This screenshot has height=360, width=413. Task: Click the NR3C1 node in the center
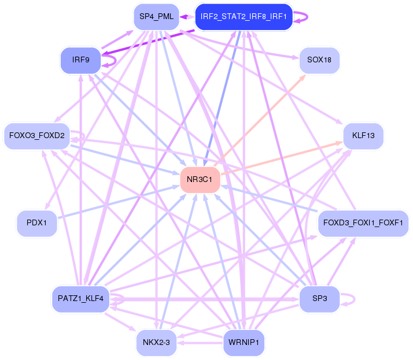[200, 180]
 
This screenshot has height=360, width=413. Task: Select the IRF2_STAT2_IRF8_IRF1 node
[243, 16]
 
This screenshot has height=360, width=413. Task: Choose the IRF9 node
[80, 60]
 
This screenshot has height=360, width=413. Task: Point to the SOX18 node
[319, 60]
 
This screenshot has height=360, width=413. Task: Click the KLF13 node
[363, 136]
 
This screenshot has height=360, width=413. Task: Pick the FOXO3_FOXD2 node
[37, 136]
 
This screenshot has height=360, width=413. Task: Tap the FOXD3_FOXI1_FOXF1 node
[365, 222]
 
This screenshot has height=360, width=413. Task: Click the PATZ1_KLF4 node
[80, 299]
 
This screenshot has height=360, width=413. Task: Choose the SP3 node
[319, 299]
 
